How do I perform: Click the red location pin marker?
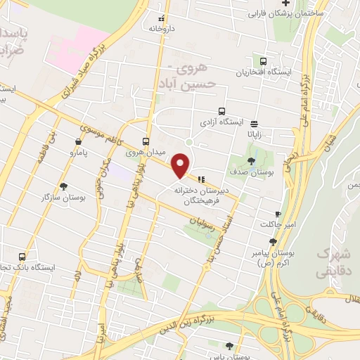[x=181, y=165]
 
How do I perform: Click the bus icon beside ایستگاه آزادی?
[x=222, y=111]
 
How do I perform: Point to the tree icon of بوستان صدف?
[x=251, y=160]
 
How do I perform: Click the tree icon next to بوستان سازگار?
[x=64, y=186]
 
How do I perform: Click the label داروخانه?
[x=161, y=29]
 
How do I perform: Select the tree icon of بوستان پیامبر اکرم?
[x=273, y=242]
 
